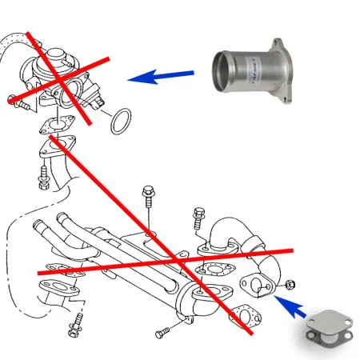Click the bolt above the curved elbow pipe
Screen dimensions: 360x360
coord(198,218)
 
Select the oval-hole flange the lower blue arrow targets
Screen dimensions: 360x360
coord(255,285)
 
